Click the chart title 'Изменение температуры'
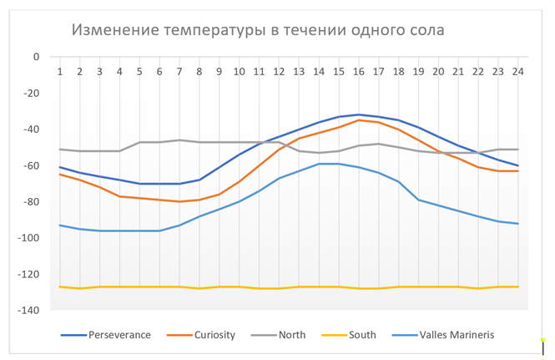coord(168,31)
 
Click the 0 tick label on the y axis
coord(36,57)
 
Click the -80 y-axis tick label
coord(31,201)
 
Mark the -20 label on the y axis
coord(31,93)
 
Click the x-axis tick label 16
coord(359,72)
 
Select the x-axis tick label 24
coord(518,72)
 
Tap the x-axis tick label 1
coord(60,72)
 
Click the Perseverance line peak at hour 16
coord(359,114)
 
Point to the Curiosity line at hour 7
coord(179,201)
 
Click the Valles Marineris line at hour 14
coord(319,164)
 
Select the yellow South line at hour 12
coord(279,288)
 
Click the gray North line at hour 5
coord(139,142)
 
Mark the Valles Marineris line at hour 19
coord(418,200)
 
